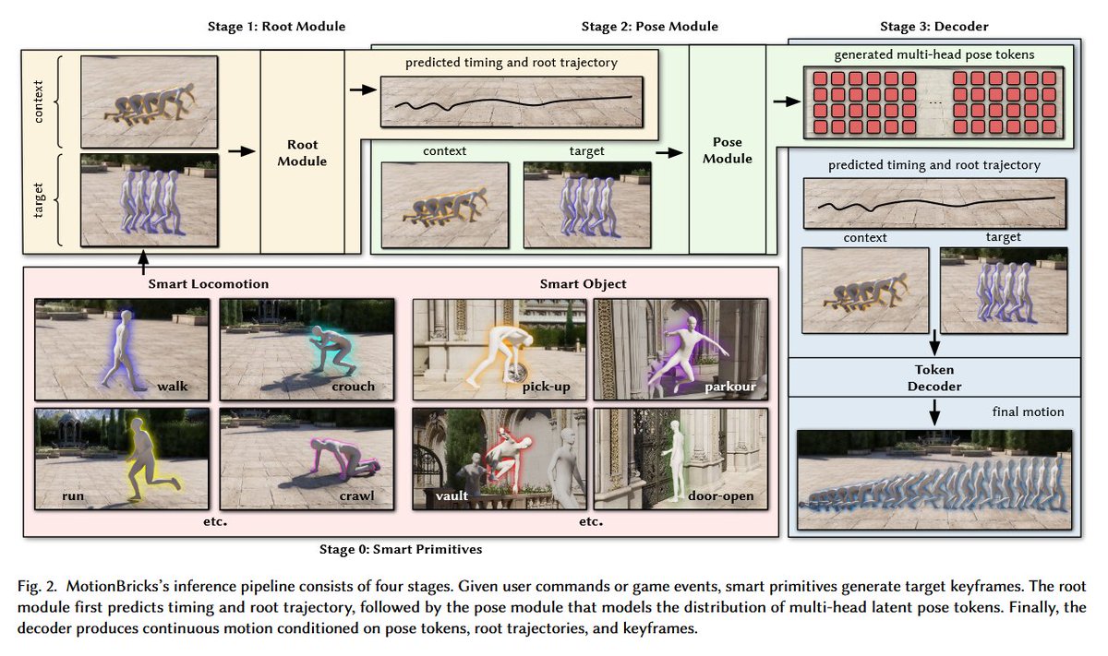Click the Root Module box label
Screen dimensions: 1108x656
(302, 153)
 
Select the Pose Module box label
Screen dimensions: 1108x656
(728, 150)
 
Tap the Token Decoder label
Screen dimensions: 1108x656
(933, 377)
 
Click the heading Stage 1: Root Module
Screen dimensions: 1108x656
(276, 26)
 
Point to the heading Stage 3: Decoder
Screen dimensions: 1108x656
(933, 26)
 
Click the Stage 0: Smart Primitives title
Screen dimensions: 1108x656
(401, 549)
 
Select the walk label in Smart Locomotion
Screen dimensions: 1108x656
(173, 386)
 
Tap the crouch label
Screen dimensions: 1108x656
(353, 386)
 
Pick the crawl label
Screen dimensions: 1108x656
(356, 495)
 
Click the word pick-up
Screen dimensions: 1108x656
(546, 387)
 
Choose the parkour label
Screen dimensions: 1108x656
(730, 387)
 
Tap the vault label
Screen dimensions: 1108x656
(452, 495)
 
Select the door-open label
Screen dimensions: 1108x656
(721, 495)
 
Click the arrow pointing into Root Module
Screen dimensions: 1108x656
(242, 151)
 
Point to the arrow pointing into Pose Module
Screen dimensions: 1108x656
(669, 153)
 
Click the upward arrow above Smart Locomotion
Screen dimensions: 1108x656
(143, 262)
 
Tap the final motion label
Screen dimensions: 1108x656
(1028, 411)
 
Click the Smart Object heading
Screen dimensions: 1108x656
(583, 284)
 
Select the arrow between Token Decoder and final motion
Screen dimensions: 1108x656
(933, 412)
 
